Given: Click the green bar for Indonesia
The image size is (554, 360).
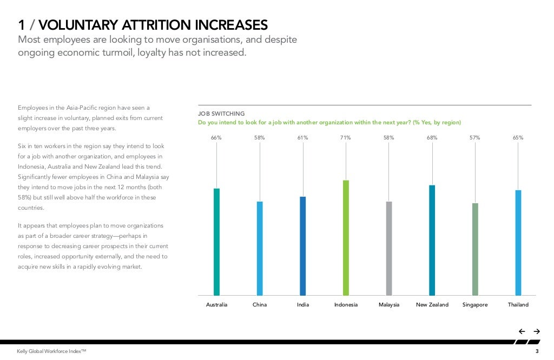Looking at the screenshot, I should pyautogui.click(x=346, y=238).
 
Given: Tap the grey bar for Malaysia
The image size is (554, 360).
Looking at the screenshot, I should pyautogui.click(x=389, y=248).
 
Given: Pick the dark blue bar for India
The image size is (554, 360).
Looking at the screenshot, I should pyautogui.click(x=303, y=246).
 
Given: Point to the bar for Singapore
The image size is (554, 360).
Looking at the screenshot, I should pyautogui.click(x=475, y=249).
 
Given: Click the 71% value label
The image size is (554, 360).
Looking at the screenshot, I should pyautogui.click(x=346, y=138).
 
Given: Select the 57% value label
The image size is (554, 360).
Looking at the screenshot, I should pyautogui.click(x=475, y=138).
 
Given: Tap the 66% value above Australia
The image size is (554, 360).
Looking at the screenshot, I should pyautogui.click(x=216, y=138).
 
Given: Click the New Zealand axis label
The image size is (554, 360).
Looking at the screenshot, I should pyautogui.click(x=432, y=305).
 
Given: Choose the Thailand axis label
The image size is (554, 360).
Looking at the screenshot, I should pyautogui.click(x=518, y=305).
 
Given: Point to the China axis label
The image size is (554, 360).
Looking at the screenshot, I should pyautogui.click(x=260, y=305).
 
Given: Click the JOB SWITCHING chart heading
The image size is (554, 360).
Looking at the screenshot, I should pyautogui.click(x=221, y=114).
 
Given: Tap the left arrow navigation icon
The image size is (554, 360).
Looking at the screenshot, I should pyautogui.click(x=522, y=331).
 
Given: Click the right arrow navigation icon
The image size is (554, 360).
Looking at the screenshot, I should pyautogui.click(x=537, y=331).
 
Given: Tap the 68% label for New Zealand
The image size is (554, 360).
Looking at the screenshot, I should pyautogui.click(x=432, y=138).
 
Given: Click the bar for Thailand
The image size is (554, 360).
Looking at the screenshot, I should pyautogui.click(x=518, y=243).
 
